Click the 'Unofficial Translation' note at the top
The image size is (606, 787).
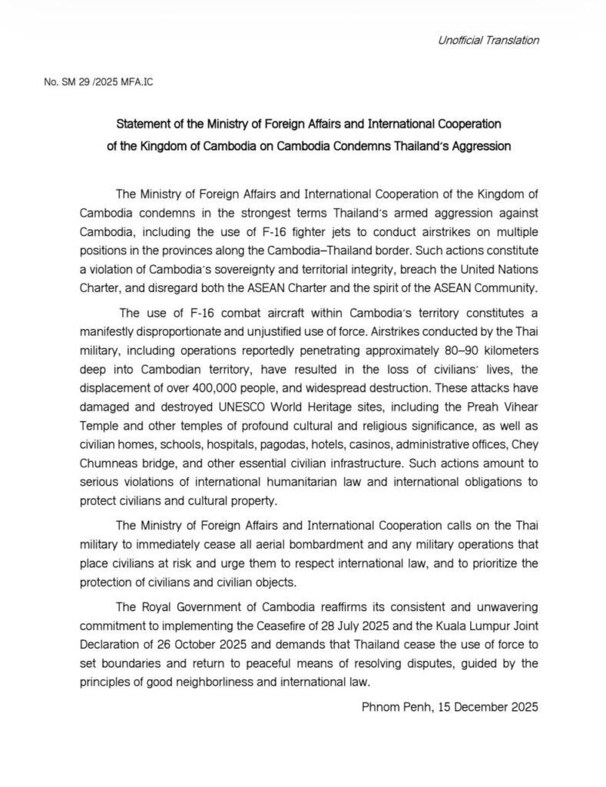pos(483,39)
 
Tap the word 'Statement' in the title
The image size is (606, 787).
pos(145,123)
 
